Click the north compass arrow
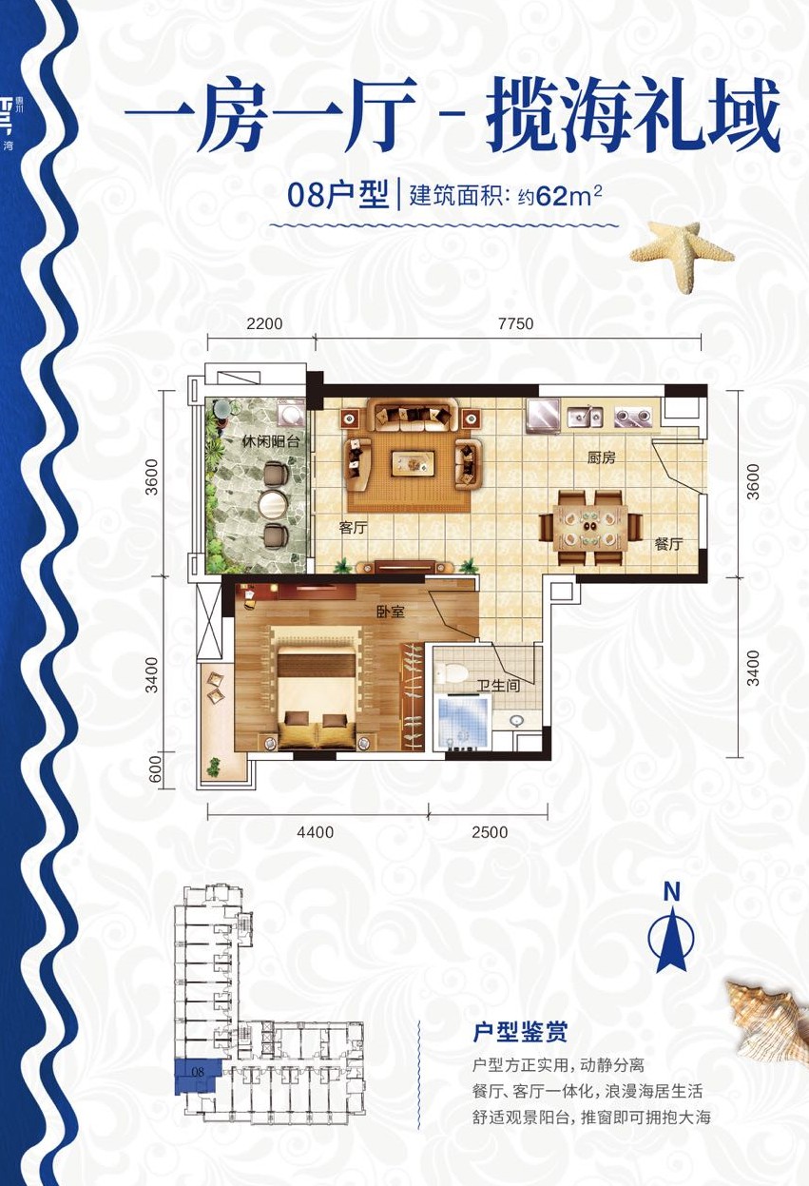pyautogui.click(x=672, y=937)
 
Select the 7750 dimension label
pyautogui.click(x=515, y=323)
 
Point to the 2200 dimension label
pyautogui.click(x=264, y=323)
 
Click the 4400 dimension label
pyautogui.click(x=316, y=832)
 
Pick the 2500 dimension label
pyautogui.click(x=490, y=832)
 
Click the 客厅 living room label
pyautogui.click(x=353, y=528)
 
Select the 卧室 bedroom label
pyautogui.click(x=390, y=612)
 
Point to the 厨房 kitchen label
pyautogui.click(x=601, y=457)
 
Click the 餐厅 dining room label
pyautogui.click(x=669, y=545)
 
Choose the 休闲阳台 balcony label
pyautogui.click(x=244, y=441)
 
